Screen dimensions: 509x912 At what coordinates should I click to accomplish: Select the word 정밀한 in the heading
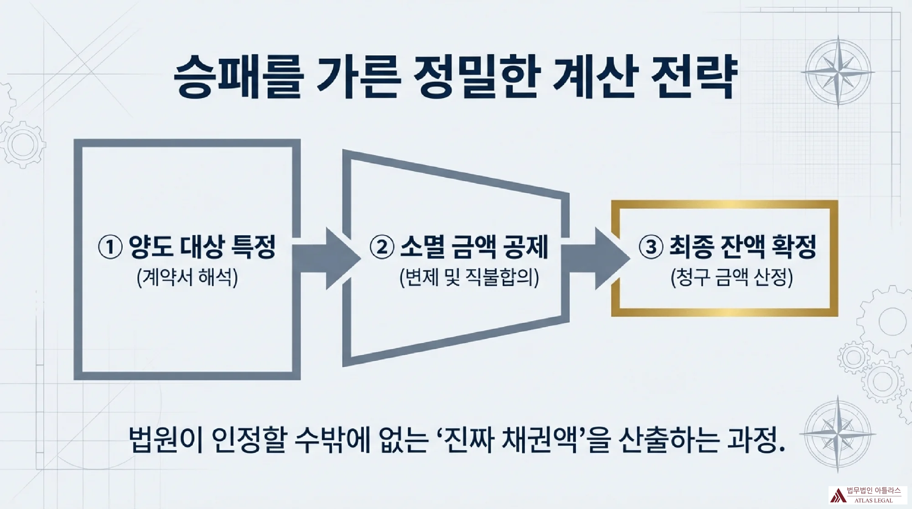click(x=477, y=77)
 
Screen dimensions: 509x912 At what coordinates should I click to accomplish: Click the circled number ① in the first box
click(x=110, y=247)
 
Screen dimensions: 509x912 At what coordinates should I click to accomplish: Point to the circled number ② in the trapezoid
click(x=382, y=247)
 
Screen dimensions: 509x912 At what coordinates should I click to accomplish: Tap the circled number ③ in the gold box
click(x=651, y=247)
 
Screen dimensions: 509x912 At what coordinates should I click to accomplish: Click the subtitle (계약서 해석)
click(x=187, y=277)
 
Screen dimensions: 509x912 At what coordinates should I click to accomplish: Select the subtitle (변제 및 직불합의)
click(x=469, y=277)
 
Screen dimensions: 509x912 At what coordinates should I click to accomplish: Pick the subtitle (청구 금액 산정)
click(x=732, y=277)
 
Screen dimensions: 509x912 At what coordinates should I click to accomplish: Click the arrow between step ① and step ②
click(x=326, y=259)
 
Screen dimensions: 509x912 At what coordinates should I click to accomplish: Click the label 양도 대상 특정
click(x=202, y=247)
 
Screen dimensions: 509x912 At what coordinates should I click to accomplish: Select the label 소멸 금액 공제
click(x=474, y=247)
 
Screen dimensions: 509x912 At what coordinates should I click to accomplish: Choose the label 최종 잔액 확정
click(x=743, y=247)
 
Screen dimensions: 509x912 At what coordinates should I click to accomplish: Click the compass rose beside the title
click(x=838, y=72)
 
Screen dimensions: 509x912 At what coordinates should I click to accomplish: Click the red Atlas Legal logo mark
click(x=837, y=495)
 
